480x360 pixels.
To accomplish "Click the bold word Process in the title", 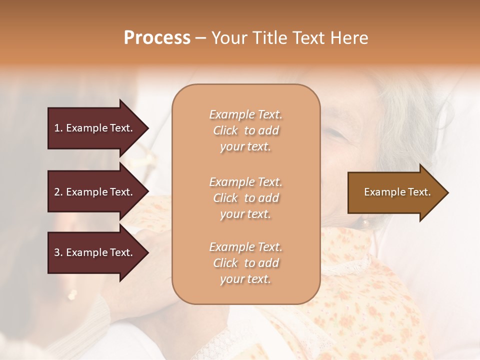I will (157, 38).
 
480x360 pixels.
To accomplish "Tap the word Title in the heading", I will (269, 38).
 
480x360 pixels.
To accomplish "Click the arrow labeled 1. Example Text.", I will (95, 128).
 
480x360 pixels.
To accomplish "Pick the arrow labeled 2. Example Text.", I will (95, 192).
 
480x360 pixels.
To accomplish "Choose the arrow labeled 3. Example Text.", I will (95, 252).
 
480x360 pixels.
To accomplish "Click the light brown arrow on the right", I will (395, 192).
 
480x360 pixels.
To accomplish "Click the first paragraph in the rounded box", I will (245, 130).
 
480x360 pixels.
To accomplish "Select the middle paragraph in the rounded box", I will (245, 198).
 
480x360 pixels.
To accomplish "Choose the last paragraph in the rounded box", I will (245, 263).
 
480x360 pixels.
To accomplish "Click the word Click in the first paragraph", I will (225, 130).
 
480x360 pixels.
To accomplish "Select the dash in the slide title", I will (200, 38).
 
